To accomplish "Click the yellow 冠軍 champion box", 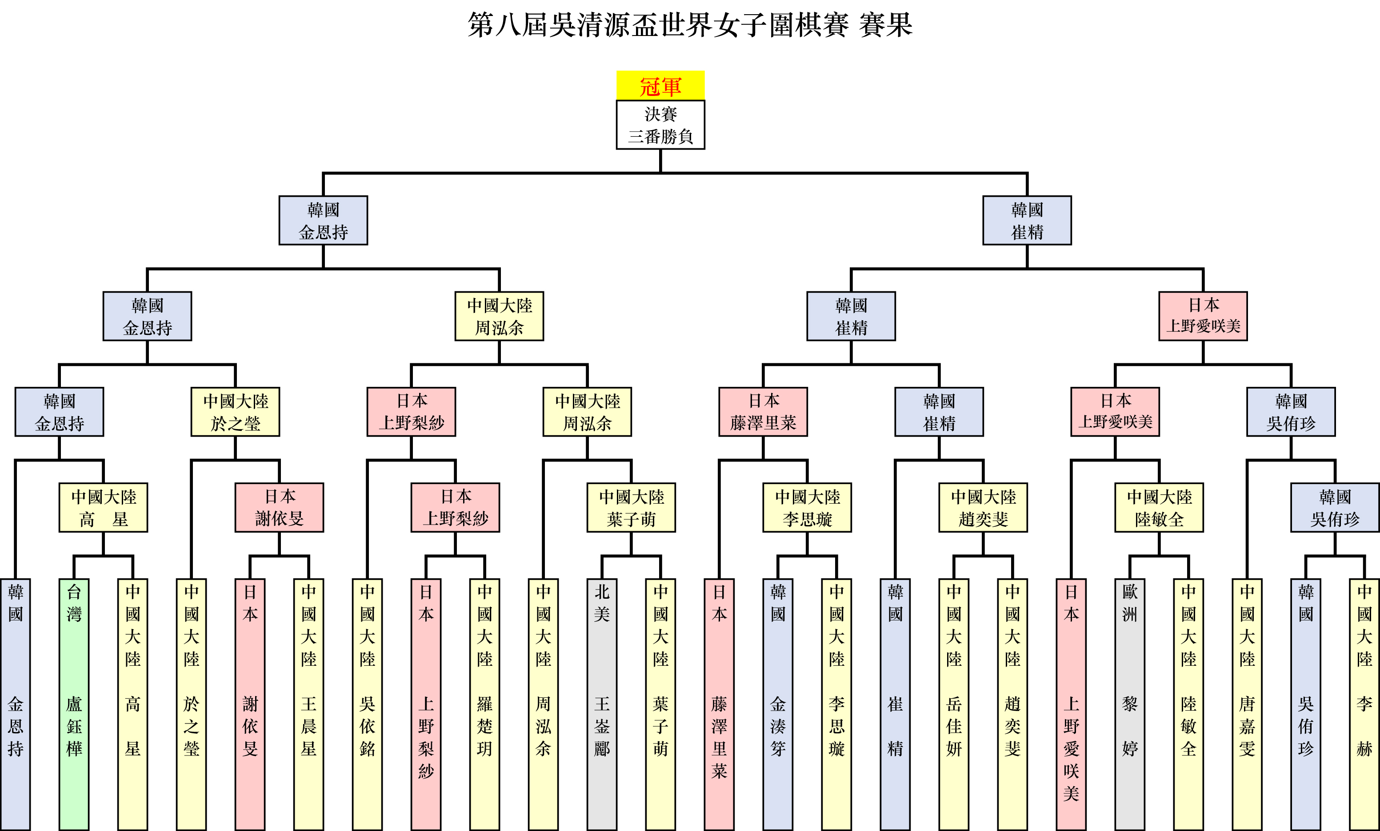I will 660,86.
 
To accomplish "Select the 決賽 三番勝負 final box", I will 660,125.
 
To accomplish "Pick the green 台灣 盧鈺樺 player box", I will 74,704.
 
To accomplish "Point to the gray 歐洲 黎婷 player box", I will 1130,704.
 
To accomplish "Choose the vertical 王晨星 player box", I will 308,704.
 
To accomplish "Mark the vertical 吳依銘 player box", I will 368,704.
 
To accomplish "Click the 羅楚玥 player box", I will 484,704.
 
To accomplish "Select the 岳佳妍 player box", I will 954,704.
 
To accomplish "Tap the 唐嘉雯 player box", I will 1247,704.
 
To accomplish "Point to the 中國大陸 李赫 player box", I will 1364,704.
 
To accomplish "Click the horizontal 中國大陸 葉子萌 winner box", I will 631,508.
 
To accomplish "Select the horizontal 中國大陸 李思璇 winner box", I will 807,508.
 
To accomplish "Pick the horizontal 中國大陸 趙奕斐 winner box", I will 983,508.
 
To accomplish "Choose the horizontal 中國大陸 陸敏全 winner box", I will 1159,508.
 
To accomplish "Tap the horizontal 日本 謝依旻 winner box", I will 280,508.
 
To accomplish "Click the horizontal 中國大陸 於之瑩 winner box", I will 235,412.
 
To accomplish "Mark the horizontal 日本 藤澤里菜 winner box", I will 763,412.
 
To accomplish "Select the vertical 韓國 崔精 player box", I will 895,704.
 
